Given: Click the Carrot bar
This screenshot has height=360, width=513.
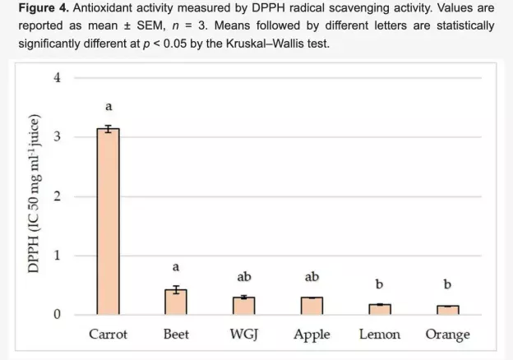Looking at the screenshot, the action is (108, 221).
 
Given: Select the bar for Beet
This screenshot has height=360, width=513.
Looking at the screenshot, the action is (176, 302).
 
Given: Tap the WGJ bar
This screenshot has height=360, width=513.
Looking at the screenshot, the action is (244, 306).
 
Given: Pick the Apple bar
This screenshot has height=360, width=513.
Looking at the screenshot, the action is (312, 306).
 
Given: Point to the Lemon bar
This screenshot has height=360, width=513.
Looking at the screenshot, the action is (380, 310).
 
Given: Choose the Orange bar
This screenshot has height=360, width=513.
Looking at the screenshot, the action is (448, 311).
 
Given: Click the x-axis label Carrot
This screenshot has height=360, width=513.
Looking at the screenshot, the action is (108, 335).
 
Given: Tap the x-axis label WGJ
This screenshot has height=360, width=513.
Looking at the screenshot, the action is (244, 335).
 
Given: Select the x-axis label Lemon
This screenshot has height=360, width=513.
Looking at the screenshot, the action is (380, 335).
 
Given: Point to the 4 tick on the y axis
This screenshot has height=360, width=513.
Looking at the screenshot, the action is (58, 78).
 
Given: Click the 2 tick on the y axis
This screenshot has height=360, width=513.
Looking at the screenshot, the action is (58, 196).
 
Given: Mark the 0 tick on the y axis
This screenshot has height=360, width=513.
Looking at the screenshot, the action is (58, 314).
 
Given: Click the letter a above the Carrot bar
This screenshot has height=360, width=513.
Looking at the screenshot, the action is (109, 107).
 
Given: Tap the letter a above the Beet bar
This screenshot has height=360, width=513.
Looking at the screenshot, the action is (176, 267).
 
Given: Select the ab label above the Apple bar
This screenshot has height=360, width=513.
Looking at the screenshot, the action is (312, 277).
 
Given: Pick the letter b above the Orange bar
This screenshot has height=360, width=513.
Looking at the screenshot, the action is (447, 284).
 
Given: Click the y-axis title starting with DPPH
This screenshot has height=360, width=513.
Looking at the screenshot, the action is (34, 194).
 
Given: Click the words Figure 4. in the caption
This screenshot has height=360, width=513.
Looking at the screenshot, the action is (44, 8).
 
